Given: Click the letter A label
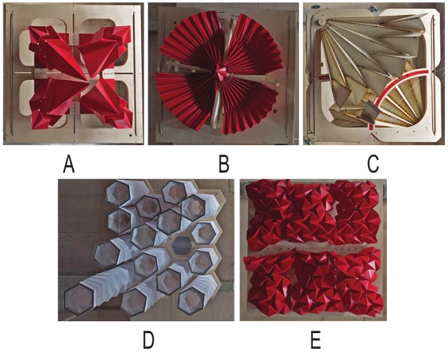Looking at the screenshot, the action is tap(69, 165).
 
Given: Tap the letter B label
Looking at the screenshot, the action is tap(224, 165).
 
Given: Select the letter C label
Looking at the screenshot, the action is tap(373, 165).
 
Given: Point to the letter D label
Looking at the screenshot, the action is tap(149, 341).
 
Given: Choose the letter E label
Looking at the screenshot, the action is tap(316, 341).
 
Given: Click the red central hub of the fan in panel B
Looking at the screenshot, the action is tap(222, 72).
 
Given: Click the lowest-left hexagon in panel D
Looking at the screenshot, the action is tap(79, 299).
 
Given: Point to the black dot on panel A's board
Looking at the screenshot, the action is tap(130, 135).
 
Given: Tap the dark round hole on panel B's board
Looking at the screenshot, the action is tap(275, 111).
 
